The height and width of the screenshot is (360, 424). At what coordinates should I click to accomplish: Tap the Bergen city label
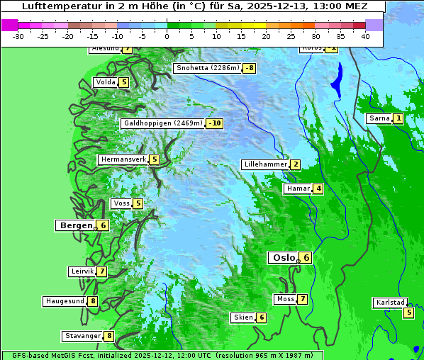click(74, 225)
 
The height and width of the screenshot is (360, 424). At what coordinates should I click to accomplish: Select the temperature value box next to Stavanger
click(109, 336)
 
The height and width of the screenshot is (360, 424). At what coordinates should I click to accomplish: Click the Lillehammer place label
click(265, 164)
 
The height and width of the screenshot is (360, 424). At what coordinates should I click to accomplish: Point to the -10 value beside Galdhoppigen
click(215, 123)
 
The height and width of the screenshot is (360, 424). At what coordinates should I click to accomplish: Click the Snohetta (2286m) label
click(207, 68)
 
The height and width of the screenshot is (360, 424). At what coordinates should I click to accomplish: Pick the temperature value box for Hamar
click(318, 189)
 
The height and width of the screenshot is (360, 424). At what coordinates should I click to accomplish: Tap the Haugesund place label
click(65, 301)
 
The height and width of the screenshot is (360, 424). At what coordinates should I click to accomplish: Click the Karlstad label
click(390, 303)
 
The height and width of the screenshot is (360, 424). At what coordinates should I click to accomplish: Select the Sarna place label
click(379, 118)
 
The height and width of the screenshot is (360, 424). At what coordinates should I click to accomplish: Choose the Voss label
click(121, 203)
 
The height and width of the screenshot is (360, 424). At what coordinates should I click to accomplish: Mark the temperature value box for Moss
click(302, 299)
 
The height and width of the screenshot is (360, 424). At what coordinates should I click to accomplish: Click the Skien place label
click(242, 317)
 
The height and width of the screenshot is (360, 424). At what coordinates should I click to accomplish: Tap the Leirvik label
click(82, 271)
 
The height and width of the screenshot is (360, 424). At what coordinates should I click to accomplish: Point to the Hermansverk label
click(123, 159)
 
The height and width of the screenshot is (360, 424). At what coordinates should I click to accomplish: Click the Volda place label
click(105, 82)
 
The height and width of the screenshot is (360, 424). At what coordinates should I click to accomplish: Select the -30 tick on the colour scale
click(18, 36)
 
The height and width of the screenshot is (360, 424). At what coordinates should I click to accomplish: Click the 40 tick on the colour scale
click(365, 36)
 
